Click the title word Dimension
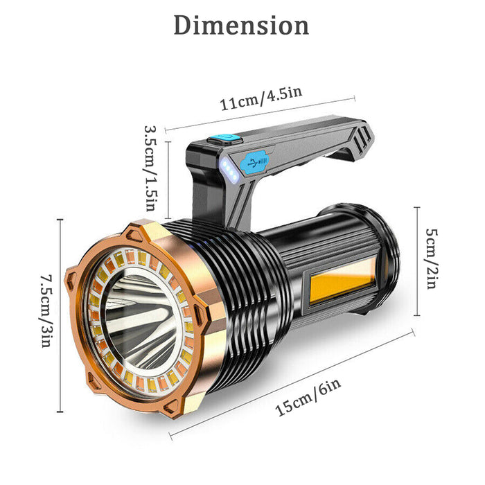241,26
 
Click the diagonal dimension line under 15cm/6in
291,385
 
